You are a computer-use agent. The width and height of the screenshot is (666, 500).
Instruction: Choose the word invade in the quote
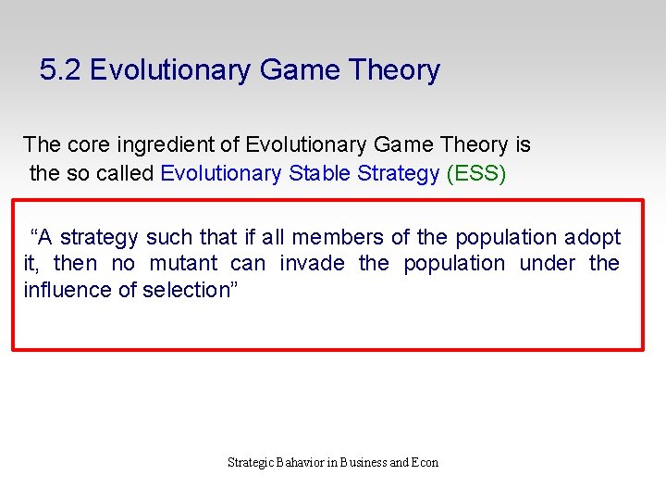[311, 264]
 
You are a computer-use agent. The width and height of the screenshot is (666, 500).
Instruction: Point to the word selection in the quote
[191, 290]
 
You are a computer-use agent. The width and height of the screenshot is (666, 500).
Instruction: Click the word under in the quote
[547, 264]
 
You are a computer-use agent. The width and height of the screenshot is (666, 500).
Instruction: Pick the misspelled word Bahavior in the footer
[300, 462]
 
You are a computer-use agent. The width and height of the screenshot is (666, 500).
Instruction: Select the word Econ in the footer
[425, 462]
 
